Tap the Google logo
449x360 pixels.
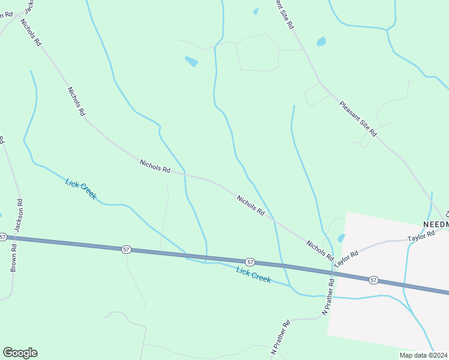pyautogui.click(x=20, y=353)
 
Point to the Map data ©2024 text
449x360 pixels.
pyautogui.click(x=423, y=355)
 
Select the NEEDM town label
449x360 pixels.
pyautogui.click(x=436, y=224)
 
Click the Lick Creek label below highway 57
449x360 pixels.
pyautogui.click(x=253, y=275)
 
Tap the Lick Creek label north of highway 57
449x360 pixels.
pyautogui.click(x=81, y=189)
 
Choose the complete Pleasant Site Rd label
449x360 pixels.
pyautogui.click(x=358, y=118)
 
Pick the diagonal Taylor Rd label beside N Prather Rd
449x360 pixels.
pyautogui.click(x=346, y=259)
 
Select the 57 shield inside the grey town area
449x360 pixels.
pyautogui.click(x=373, y=280)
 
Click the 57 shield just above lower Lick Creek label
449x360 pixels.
pyautogui.click(x=250, y=262)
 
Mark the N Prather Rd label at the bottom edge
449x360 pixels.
pyautogui.click(x=280, y=341)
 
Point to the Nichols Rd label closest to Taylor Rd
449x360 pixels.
pyautogui.click(x=319, y=251)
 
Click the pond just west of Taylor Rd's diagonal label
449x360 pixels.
pyautogui.click(x=341, y=238)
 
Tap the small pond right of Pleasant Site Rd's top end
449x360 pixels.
pyautogui.click(x=321, y=41)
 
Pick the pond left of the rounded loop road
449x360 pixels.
pyautogui.click(x=191, y=61)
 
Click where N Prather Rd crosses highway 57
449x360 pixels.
pyautogui.click(x=331, y=273)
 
